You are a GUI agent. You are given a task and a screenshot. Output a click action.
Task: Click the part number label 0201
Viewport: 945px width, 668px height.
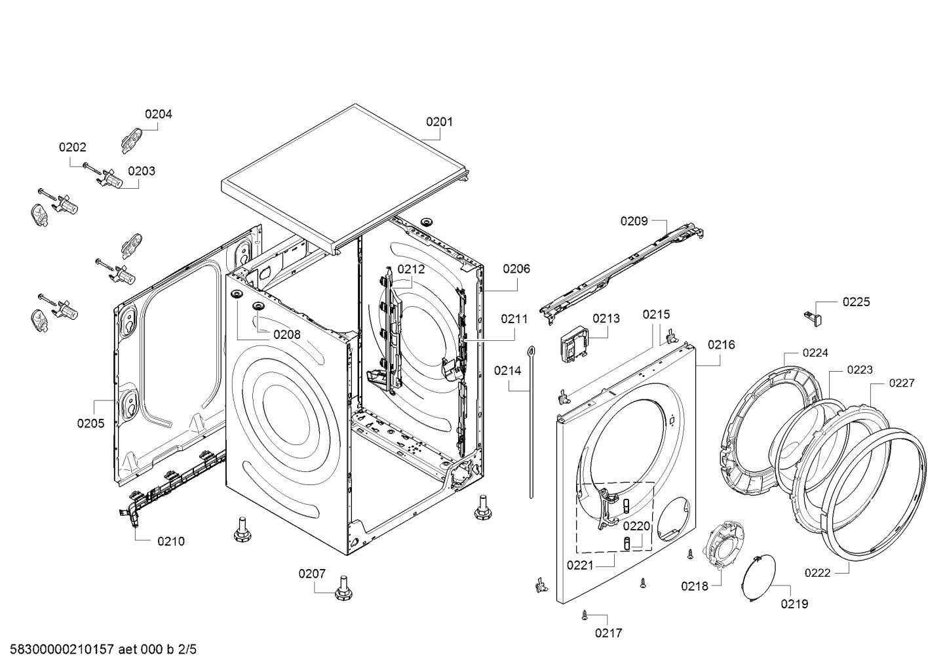point(439,121)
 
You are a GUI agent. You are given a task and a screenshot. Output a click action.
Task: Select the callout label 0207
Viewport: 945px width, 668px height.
point(312,574)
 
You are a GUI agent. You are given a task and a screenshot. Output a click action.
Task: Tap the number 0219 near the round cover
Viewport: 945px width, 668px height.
point(794,604)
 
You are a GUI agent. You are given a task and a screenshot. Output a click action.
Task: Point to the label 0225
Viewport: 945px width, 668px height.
point(856,302)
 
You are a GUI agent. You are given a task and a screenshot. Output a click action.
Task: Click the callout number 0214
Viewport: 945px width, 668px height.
point(507,370)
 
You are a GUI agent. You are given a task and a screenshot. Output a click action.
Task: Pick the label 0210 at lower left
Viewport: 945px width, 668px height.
point(171,541)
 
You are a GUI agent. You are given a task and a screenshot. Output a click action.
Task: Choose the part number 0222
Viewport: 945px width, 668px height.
point(817,572)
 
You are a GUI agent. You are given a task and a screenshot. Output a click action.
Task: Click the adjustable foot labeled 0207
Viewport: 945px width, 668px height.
point(342,587)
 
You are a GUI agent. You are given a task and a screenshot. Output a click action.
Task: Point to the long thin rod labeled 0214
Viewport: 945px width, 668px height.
point(531,420)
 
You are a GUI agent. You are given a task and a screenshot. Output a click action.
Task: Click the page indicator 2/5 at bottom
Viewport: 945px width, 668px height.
point(187,650)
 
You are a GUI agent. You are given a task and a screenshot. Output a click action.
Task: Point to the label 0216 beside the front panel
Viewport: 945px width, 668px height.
point(721,344)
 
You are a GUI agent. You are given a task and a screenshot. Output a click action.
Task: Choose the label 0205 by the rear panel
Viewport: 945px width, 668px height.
point(90,423)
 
